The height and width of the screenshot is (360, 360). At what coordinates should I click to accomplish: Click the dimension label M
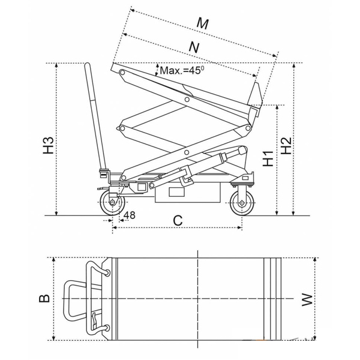pyautogui.click(x=203, y=23)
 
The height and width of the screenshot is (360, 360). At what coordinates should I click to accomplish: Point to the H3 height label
pyautogui.click(x=50, y=144)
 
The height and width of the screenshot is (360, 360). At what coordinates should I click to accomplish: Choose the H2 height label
pyautogui.click(x=286, y=144)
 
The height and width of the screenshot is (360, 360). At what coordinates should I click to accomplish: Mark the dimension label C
pyautogui.click(x=178, y=221)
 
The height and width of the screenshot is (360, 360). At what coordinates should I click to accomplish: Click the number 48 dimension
pyautogui.click(x=129, y=214)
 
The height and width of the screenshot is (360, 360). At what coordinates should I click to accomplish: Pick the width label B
pyautogui.click(x=44, y=298)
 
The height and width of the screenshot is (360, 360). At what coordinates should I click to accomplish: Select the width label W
pyautogui.click(x=307, y=298)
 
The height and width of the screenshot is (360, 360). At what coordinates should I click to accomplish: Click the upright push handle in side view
pyautogui.click(x=94, y=114)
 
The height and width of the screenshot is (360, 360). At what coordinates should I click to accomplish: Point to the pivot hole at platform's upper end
pyautogui.click(x=122, y=73)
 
